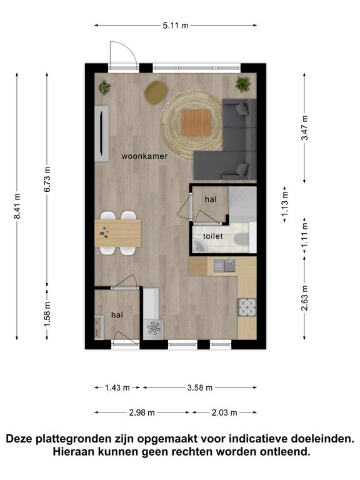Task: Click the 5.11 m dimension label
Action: [x=176, y=26]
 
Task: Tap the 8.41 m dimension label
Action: [x=17, y=206]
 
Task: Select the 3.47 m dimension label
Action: [x=304, y=127]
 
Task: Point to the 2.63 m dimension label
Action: [x=304, y=298]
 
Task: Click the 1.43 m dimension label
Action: [x=117, y=388]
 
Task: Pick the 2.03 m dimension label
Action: [x=224, y=412]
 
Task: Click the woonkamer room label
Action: [x=144, y=156]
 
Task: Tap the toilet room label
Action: [x=212, y=236]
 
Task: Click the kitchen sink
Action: [x=224, y=266]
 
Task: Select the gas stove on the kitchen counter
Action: [x=247, y=307]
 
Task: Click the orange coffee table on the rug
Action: [x=196, y=122]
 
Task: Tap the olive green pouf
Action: [x=156, y=92]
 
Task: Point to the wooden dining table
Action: [x=118, y=233]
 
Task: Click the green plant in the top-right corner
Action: [x=243, y=84]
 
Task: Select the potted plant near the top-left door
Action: [x=105, y=87]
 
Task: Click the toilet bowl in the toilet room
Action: [x=239, y=239]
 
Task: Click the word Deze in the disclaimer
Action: [x=19, y=439]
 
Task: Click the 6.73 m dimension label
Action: [x=47, y=179]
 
